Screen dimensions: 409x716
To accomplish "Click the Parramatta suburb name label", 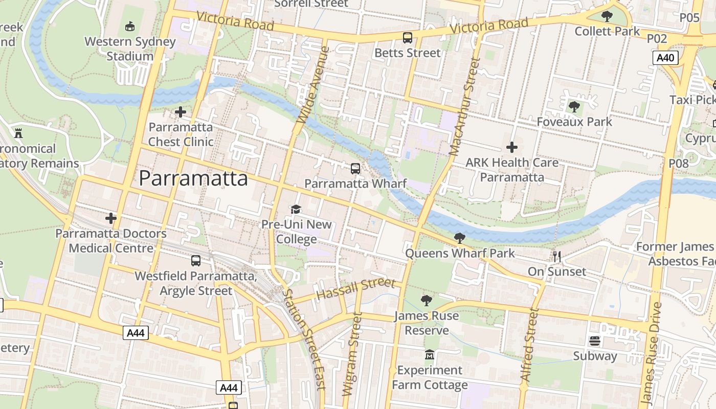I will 193,178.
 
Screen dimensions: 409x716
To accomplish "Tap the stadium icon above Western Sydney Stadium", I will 130,26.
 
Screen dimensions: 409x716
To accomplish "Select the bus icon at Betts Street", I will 407,37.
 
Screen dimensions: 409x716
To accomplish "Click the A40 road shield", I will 665,58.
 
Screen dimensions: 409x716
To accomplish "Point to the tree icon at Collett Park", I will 607,16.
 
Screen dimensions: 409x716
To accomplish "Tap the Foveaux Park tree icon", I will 574,107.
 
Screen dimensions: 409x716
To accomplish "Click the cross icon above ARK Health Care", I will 511,147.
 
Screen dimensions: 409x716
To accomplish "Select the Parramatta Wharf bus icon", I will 355,168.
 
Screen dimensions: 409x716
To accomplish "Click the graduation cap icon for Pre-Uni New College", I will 296,209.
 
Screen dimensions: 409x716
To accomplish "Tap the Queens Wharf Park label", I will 460,253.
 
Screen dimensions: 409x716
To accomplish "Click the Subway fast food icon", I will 594,341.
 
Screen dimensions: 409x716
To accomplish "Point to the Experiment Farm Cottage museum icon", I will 429,354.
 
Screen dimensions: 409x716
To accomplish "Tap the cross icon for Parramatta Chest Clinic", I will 180,112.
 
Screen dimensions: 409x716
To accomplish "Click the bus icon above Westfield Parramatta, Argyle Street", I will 195,261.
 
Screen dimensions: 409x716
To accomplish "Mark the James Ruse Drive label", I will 651,353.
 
